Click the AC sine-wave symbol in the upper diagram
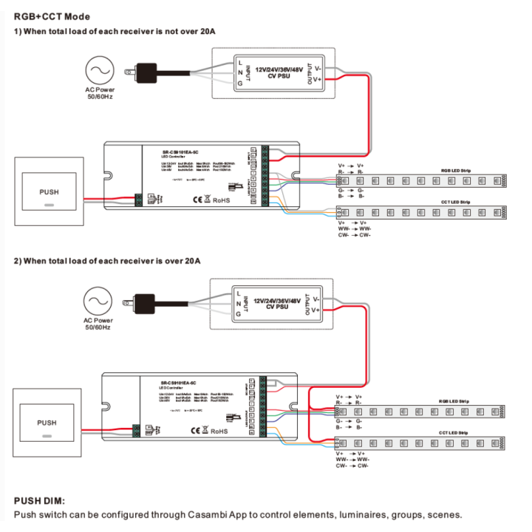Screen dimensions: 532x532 (x=98, y=72)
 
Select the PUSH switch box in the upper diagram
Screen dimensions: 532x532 (x=48, y=193)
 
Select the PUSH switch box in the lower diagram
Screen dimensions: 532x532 (x=47, y=423)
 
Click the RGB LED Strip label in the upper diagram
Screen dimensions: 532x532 (x=456, y=171)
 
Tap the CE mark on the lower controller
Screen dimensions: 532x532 (x=197, y=429)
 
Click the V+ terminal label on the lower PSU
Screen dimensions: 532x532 (x=316, y=310)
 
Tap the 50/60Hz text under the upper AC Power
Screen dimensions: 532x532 (x=98, y=97)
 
